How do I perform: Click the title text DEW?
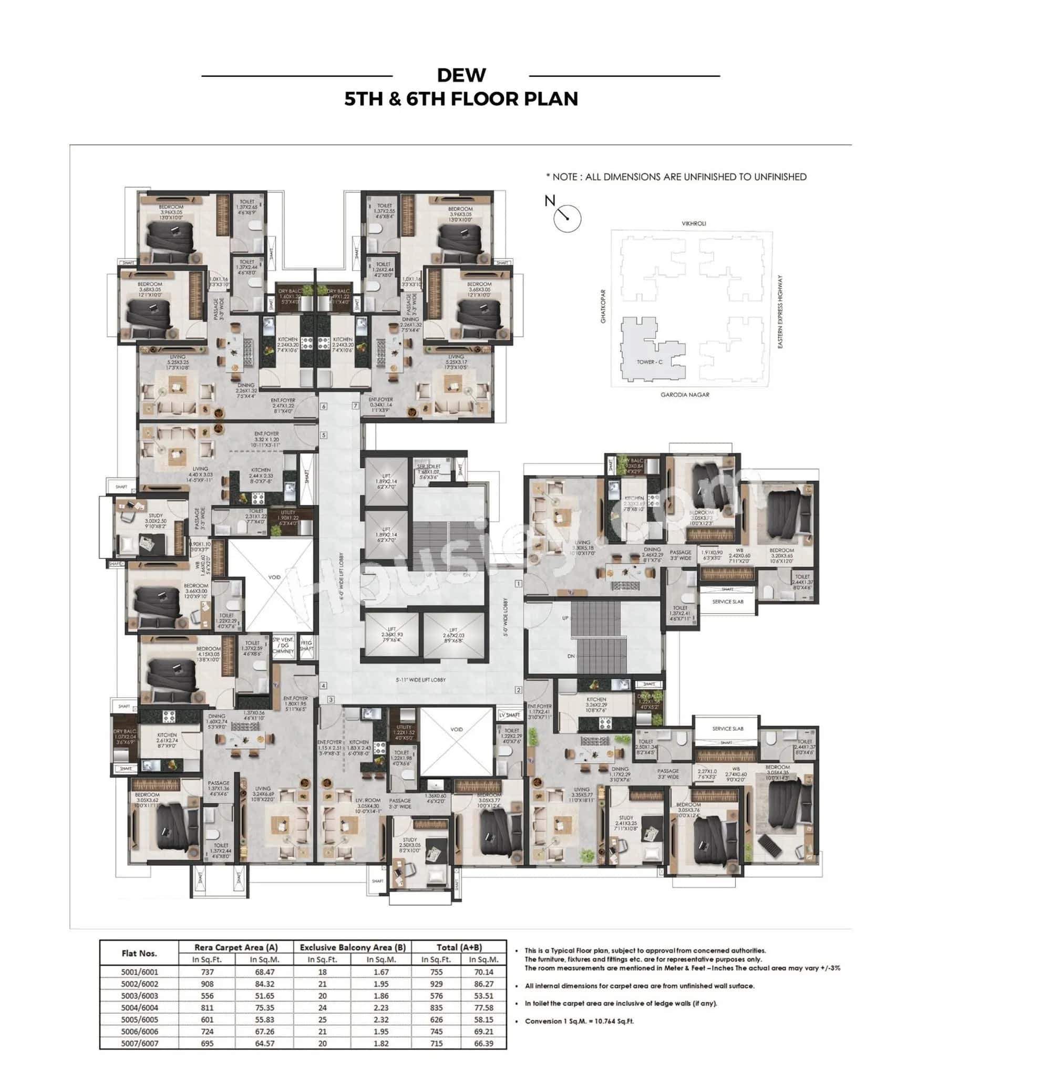pos(461,75)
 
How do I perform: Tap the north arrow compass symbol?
pos(567,218)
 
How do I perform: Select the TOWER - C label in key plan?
pos(649,363)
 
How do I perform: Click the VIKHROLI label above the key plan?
pos(693,223)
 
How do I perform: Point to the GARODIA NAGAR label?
pos(685,395)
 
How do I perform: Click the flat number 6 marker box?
pos(324,407)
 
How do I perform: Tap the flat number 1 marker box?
pos(518,583)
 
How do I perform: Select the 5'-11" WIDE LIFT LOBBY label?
pos(420,680)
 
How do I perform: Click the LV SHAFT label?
pos(509,715)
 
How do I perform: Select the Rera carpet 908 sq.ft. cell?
pos(207,985)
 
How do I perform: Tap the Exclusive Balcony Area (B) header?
pos(352,947)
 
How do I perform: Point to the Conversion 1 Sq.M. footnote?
pos(579,1021)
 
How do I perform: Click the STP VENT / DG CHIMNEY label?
pos(283,646)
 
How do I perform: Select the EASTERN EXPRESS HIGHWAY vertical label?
pos(780,312)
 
